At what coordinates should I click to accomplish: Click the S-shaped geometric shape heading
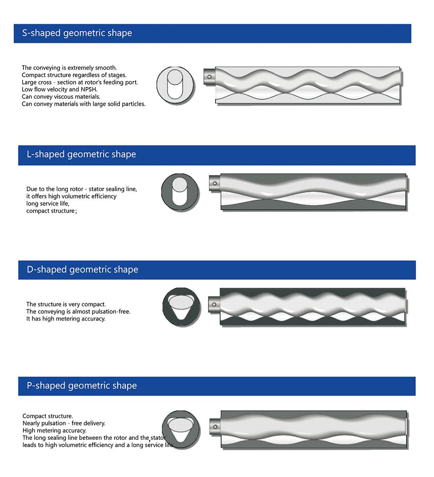(77, 33)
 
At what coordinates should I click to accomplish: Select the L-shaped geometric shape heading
(81, 155)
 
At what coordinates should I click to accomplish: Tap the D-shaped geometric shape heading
(82, 269)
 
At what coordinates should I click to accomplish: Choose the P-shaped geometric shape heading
(82, 386)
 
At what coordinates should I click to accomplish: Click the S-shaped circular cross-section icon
(175, 85)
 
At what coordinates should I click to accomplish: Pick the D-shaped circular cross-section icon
(181, 306)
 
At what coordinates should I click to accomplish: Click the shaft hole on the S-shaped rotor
(209, 77)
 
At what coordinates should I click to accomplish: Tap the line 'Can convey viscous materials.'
(61, 97)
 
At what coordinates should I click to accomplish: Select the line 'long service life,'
(48, 204)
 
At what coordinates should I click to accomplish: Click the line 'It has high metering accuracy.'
(66, 319)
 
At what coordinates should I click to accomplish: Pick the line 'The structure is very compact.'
(66, 304)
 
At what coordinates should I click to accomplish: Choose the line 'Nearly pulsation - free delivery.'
(64, 423)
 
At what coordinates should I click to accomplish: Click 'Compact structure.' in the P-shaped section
(48, 416)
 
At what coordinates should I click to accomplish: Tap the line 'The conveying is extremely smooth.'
(69, 68)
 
